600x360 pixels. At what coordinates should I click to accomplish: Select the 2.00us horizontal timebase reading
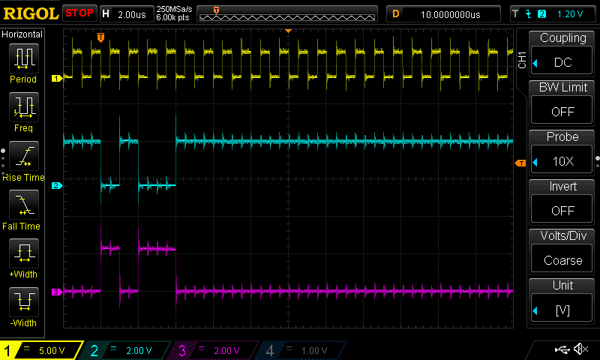[132, 13]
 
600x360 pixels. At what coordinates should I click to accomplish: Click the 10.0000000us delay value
[450, 13]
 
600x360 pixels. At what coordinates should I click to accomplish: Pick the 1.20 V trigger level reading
[570, 13]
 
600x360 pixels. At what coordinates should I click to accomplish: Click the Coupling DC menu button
[562, 51]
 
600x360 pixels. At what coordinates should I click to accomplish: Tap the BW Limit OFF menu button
[562, 100]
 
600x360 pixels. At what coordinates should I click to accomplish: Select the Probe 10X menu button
[562, 150]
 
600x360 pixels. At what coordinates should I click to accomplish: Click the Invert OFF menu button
[562, 199]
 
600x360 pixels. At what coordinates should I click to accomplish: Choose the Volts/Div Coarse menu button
[562, 249]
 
